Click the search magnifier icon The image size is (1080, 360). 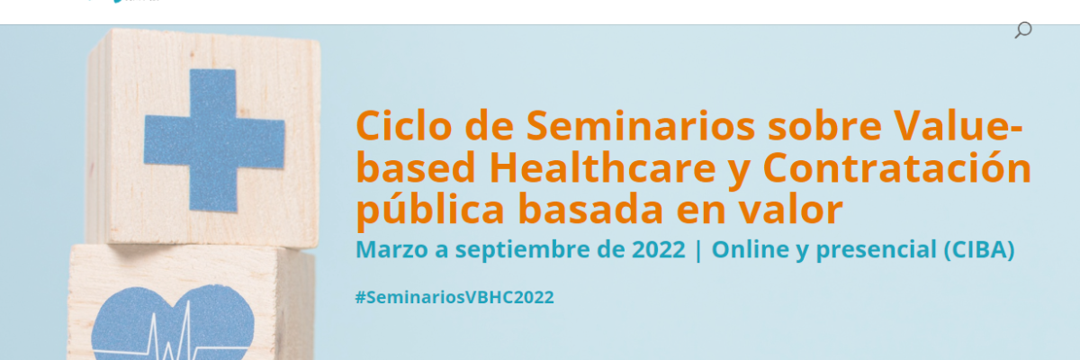click(1022, 31)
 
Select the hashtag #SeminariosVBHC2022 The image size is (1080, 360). click(454, 297)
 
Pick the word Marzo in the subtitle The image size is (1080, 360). click(388, 250)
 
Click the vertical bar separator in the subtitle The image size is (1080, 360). click(698, 250)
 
